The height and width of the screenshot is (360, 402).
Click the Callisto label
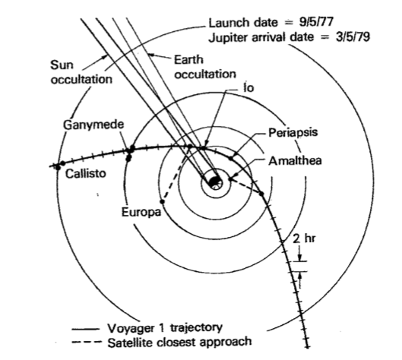coord(85,174)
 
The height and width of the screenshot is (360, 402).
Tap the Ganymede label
coord(93,125)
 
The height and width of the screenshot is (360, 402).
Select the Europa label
coord(141,213)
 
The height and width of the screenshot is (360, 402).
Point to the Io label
coord(248,87)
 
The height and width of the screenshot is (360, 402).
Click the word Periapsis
coord(293,133)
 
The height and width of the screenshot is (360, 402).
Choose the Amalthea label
coord(295,161)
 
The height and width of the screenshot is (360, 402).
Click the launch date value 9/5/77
coord(316,21)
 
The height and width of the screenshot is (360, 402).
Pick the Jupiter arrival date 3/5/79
coord(353,36)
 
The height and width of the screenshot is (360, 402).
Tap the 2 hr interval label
coord(304,238)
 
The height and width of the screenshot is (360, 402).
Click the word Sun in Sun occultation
coord(62,65)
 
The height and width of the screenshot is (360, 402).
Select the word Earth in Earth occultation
coord(188,60)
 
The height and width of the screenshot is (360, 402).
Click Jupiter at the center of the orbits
coord(214,182)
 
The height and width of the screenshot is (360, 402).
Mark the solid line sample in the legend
coord(85,329)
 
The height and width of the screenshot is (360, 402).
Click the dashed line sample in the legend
coord(87,342)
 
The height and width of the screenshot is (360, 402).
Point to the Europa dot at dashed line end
coord(163,202)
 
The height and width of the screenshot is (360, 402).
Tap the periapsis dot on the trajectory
coord(231,158)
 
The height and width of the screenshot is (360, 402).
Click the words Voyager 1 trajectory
coord(165,328)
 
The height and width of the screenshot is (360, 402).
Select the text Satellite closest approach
coord(179,342)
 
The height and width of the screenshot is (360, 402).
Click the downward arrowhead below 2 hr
coord(299,257)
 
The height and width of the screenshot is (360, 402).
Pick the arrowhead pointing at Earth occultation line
coord(151,55)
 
